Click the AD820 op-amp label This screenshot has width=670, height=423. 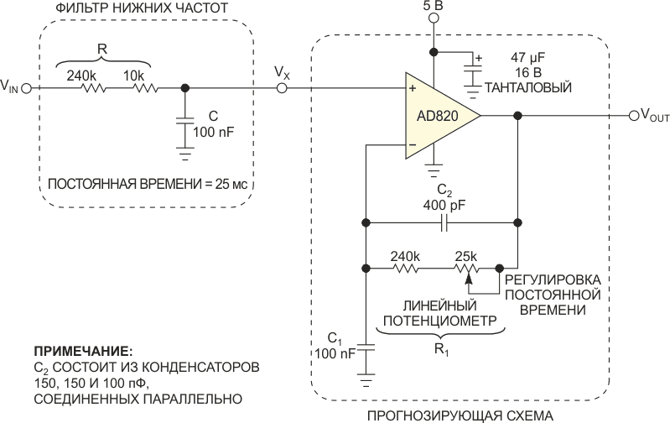coord(437,116)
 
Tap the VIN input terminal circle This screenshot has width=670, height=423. coord(27,88)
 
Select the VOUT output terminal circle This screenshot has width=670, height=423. coord(634,116)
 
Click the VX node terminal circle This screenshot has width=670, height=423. coord(282,88)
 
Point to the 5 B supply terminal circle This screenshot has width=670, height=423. coord(434,18)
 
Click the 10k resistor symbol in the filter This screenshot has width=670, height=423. coord(145,88)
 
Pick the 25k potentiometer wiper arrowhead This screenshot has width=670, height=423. coord(469,279)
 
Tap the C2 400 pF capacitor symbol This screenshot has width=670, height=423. coord(444,223)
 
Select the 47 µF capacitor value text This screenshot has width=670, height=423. coord(527,58)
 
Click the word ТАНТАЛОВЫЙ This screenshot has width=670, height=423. coord(527,87)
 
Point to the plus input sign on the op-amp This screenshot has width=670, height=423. coord(413,88)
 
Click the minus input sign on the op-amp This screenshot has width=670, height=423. coord(413,145)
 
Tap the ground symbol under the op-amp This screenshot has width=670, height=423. coord(434,171)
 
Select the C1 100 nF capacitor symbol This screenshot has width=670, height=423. coord(366,347)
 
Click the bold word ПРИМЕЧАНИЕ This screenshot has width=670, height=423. coord(83,352)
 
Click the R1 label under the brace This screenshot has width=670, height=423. coord(441,350)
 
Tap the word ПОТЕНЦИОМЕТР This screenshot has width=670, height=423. coord(440,321)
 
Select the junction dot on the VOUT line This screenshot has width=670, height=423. coord(518,116)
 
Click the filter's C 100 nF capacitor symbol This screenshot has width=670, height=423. coord(185,122)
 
